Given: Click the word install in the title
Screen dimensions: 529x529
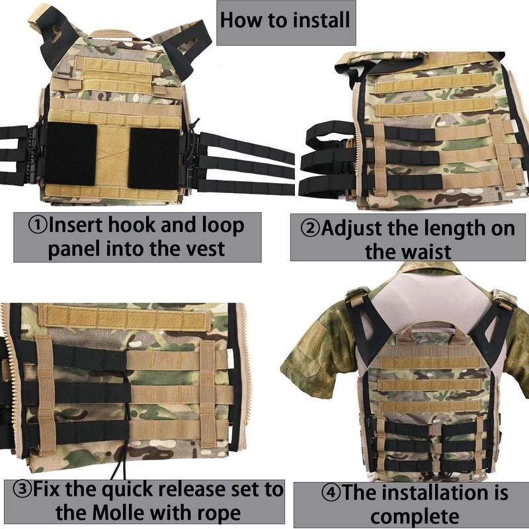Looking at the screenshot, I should tap(318, 19).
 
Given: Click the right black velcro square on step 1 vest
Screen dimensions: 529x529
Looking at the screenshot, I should tap(154, 157).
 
